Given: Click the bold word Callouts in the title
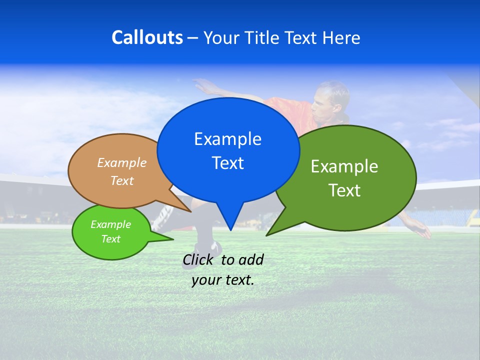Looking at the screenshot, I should [147, 37].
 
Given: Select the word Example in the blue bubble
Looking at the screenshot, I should [227, 139].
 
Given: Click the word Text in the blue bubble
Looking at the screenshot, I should [227, 163].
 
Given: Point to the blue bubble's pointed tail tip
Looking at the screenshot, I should [230, 230].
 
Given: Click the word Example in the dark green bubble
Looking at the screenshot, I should [344, 166].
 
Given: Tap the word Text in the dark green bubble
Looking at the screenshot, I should [344, 190].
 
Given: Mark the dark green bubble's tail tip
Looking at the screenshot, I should [266, 235].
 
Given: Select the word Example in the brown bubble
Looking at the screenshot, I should [122, 162].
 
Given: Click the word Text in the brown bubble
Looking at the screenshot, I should [122, 180].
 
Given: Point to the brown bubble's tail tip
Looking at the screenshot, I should [191, 211].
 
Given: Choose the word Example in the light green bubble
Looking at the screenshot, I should [110, 224].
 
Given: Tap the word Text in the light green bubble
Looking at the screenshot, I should [110, 239].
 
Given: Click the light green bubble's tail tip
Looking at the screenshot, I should [173, 239].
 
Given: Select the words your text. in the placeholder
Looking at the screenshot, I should [223, 280].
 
